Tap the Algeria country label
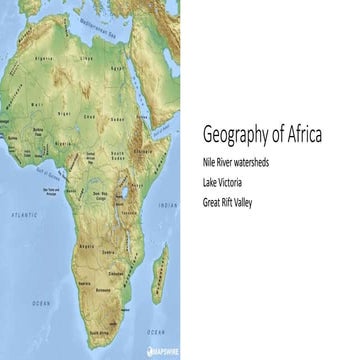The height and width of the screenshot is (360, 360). tap(44, 58)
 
